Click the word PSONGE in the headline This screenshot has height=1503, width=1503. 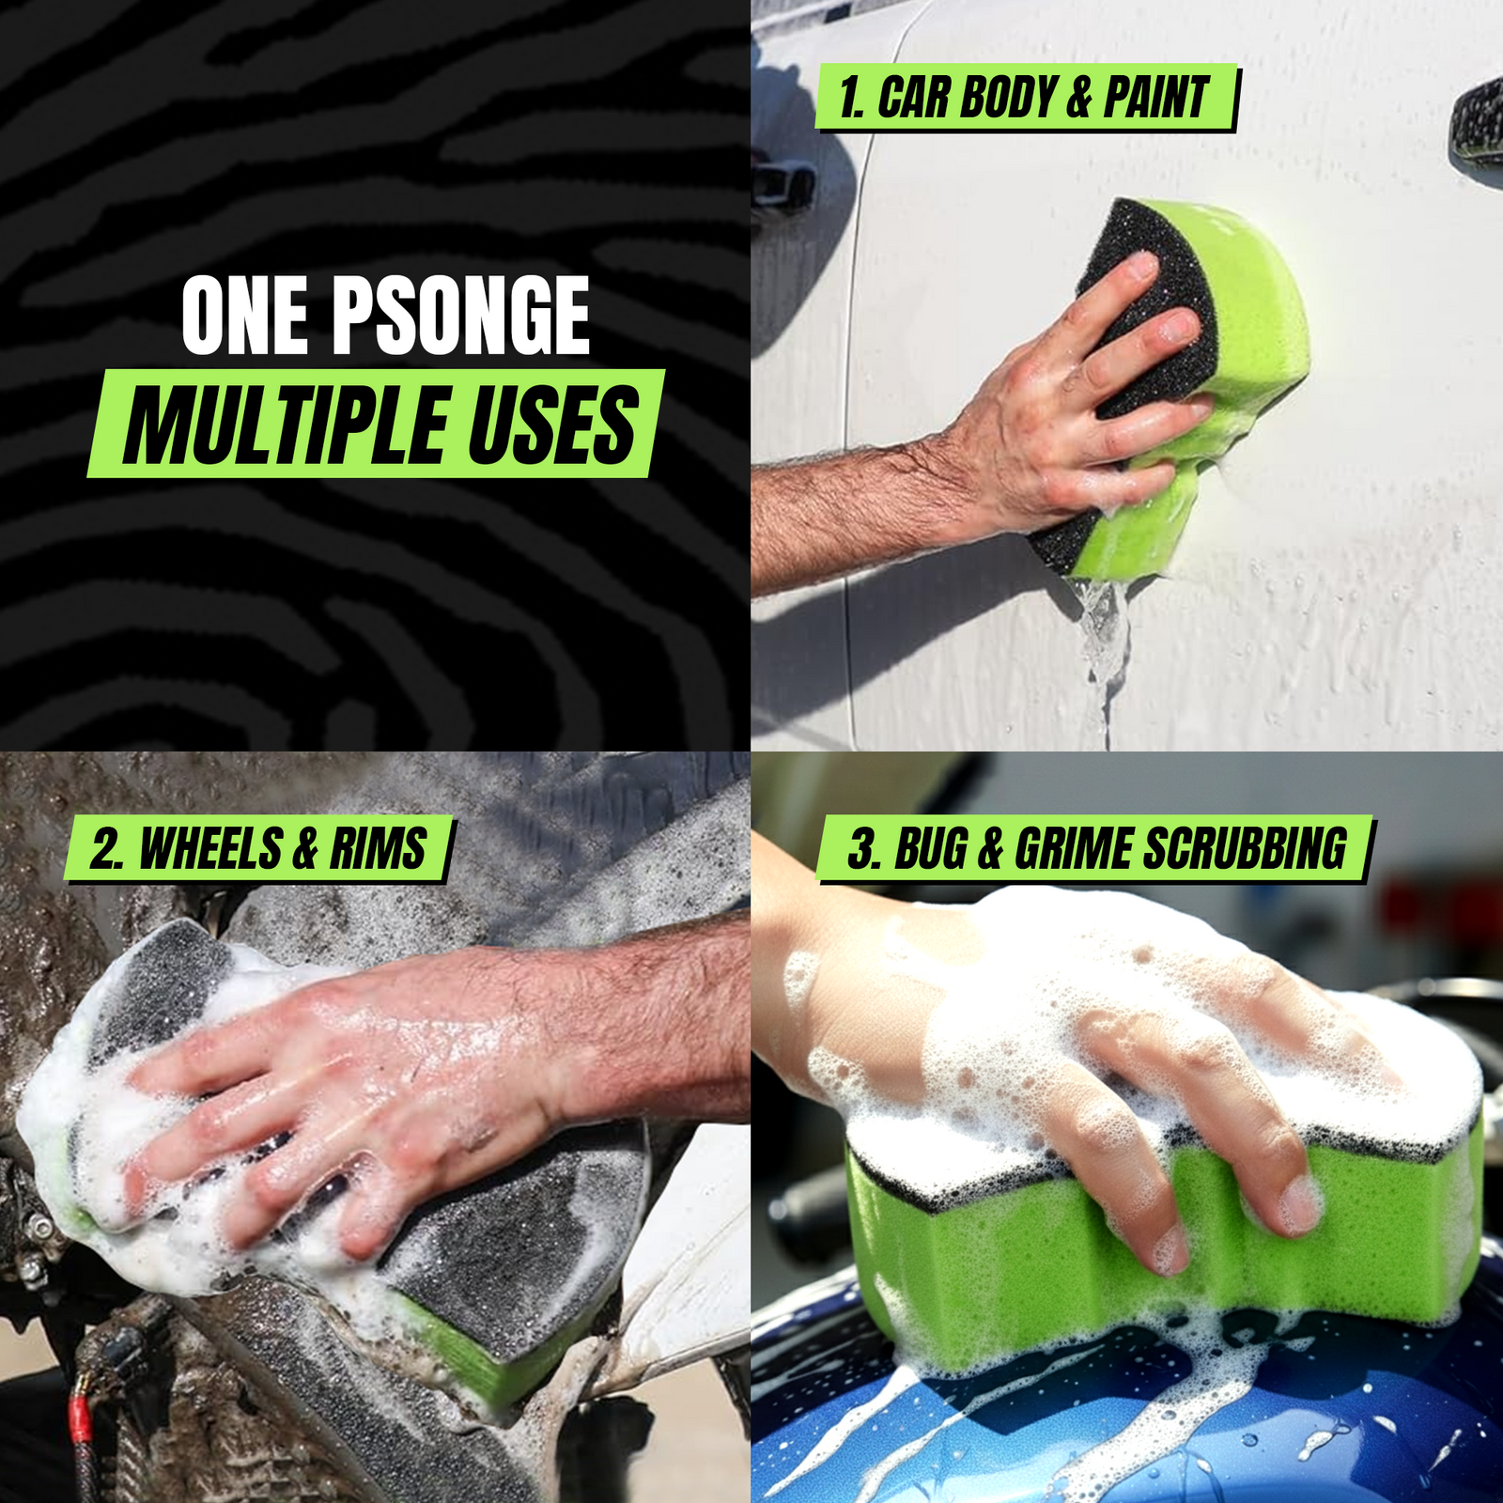[460, 316]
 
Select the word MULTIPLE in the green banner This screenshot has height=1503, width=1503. [287, 425]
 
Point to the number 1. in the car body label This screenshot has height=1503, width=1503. [851, 98]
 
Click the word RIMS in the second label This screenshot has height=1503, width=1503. [378, 849]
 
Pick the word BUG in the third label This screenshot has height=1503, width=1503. [930, 849]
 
